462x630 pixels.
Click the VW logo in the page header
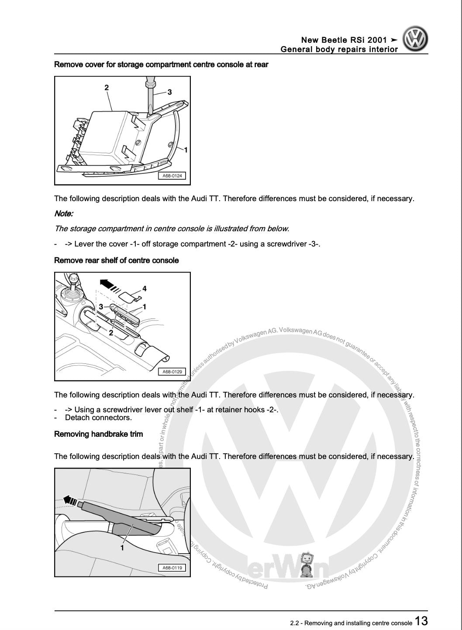click(x=415, y=40)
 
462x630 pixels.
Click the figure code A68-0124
click(x=172, y=176)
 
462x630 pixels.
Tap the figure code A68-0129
click(x=172, y=372)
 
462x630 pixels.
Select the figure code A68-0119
click(x=172, y=568)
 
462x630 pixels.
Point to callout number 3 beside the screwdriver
click(x=169, y=92)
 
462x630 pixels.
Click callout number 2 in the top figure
click(x=107, y=88)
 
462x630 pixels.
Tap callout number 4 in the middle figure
click(x=145, y=288)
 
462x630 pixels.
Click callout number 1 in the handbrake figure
click(x=122, y=548)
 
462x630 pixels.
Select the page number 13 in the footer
click(x=421, y=621)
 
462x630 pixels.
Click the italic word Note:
click(x=64, y=214)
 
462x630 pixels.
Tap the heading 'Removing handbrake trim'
click(x=98, y=434)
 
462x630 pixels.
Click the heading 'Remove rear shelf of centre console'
click(x=116, y=260)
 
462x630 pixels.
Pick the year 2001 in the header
click(x=377, y=41)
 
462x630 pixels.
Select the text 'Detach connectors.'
click(x=98, y=418)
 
